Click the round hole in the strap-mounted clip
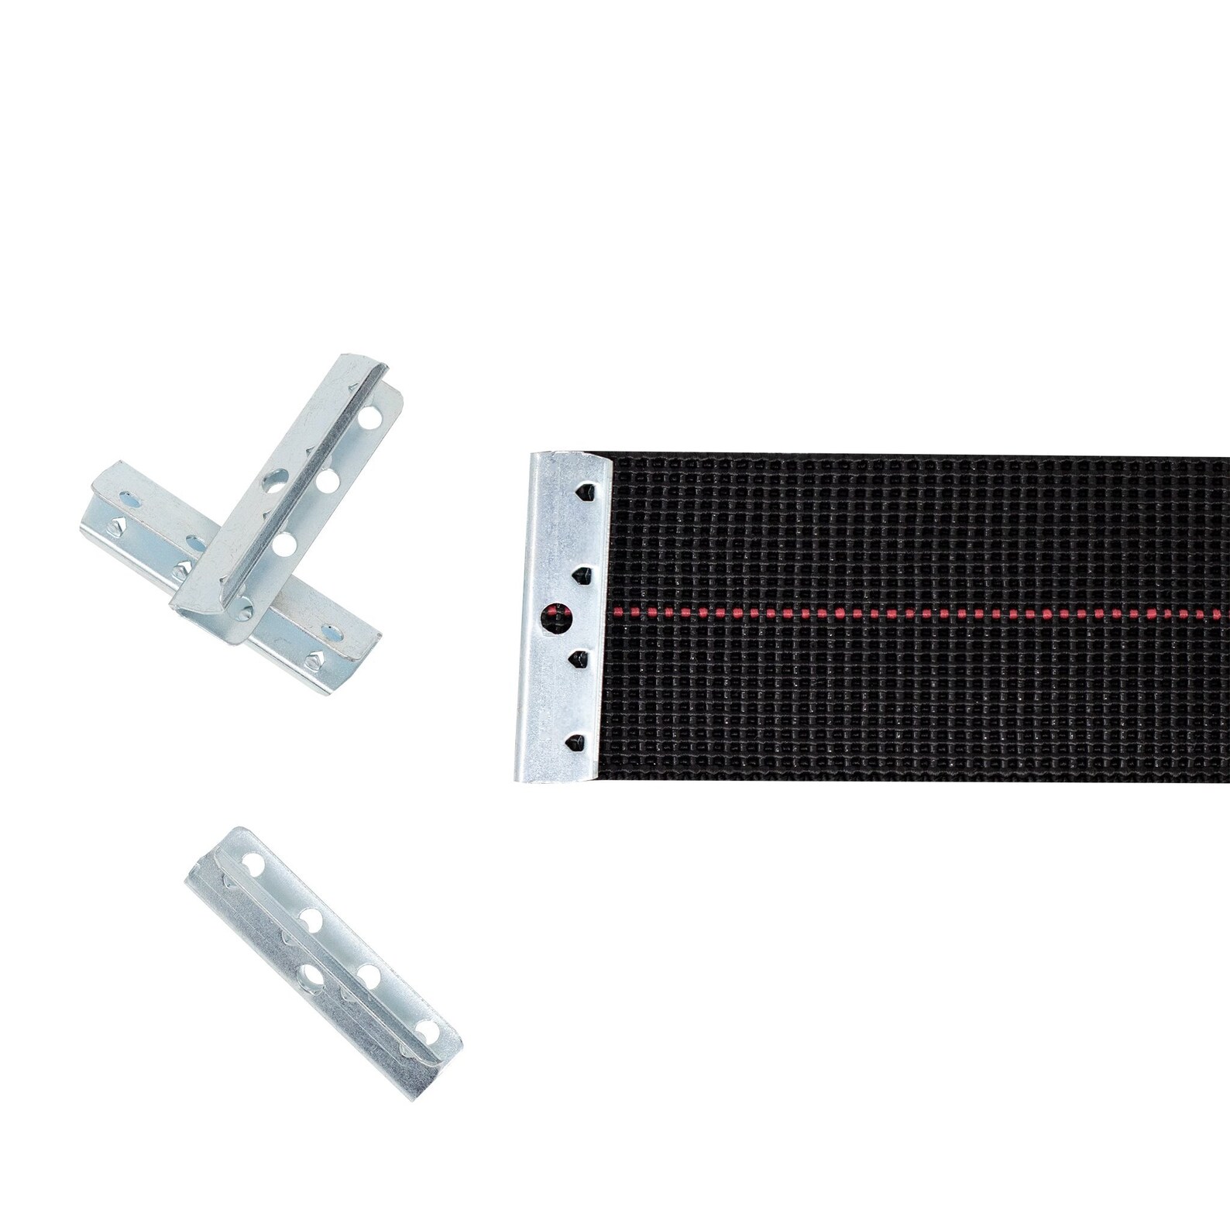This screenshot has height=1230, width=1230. (555, 618)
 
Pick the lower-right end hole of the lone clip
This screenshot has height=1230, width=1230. (426, 1030)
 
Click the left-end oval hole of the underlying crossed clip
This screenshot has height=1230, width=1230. (122, 492)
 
